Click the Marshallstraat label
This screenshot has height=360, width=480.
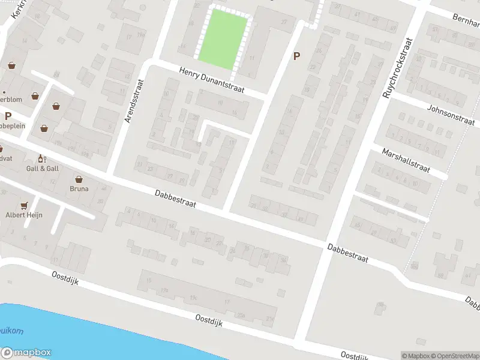pos(406,160)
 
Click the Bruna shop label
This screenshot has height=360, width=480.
pos(79,188)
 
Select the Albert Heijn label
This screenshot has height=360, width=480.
pos(24,215)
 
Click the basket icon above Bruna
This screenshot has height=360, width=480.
pos(79,179)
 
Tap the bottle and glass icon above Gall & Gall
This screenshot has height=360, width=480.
pos(41,159)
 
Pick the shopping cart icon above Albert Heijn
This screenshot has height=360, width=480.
pos(24,205)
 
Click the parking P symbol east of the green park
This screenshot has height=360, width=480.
pos(295,56)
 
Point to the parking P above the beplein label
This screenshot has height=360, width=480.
pos(8,116)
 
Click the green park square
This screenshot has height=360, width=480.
pos(223,40)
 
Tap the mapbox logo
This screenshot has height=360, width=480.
pos(26,353)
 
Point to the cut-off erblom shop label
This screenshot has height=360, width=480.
pos(12,100)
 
